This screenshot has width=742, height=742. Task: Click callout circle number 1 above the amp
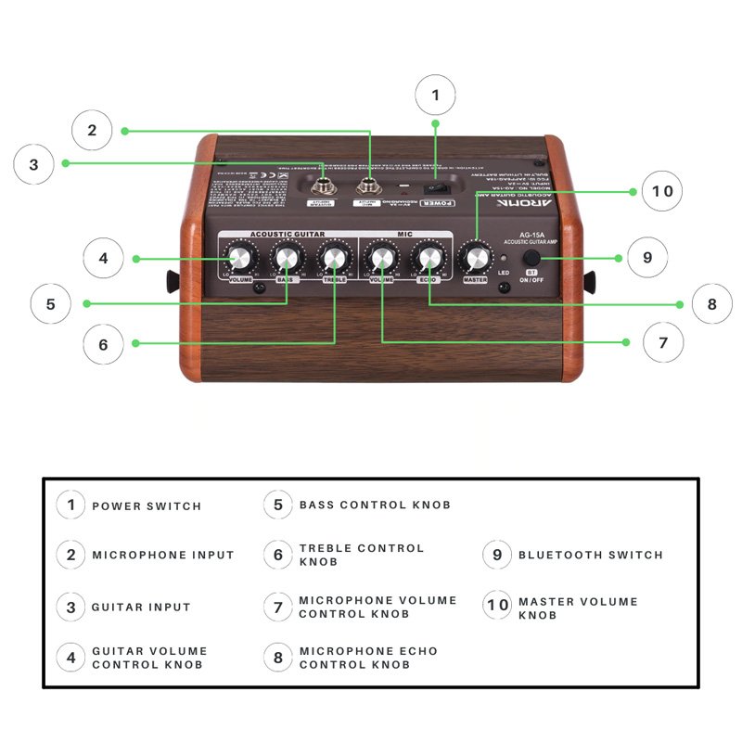pyautogui.click(x=436, y=94)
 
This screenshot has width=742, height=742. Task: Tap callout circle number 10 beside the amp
pyautogui.click(x=661, y=192)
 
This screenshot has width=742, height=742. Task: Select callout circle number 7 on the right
pyautogui.click(x=662, y=342)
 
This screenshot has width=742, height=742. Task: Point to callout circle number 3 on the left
pyautogui.click(x=34, y=165)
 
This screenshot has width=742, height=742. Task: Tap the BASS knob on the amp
pyautogui.click(x=287, y=258)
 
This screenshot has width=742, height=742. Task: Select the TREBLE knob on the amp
pyautogui.click(x=334, y=258)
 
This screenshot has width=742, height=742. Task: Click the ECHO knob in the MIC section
pyautogui.click(x=428, y=258)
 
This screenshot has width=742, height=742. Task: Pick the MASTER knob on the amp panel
pyautogui.click(x=475, y=259)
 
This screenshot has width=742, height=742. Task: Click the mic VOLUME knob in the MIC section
pyautogui.click(x=380, y=258)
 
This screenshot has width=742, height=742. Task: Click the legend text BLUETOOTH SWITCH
pyautogui.click(x=590, y=555)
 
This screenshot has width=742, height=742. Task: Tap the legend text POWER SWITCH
pyautogui.click(x=147, y=505)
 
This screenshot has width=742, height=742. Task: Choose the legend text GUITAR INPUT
pyautogui.click(x=141, y=608)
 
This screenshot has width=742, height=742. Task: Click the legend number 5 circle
pyautogui.click(x=277, y=505)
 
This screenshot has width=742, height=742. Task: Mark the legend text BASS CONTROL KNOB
pyautogui.click(x=375, y=505)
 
